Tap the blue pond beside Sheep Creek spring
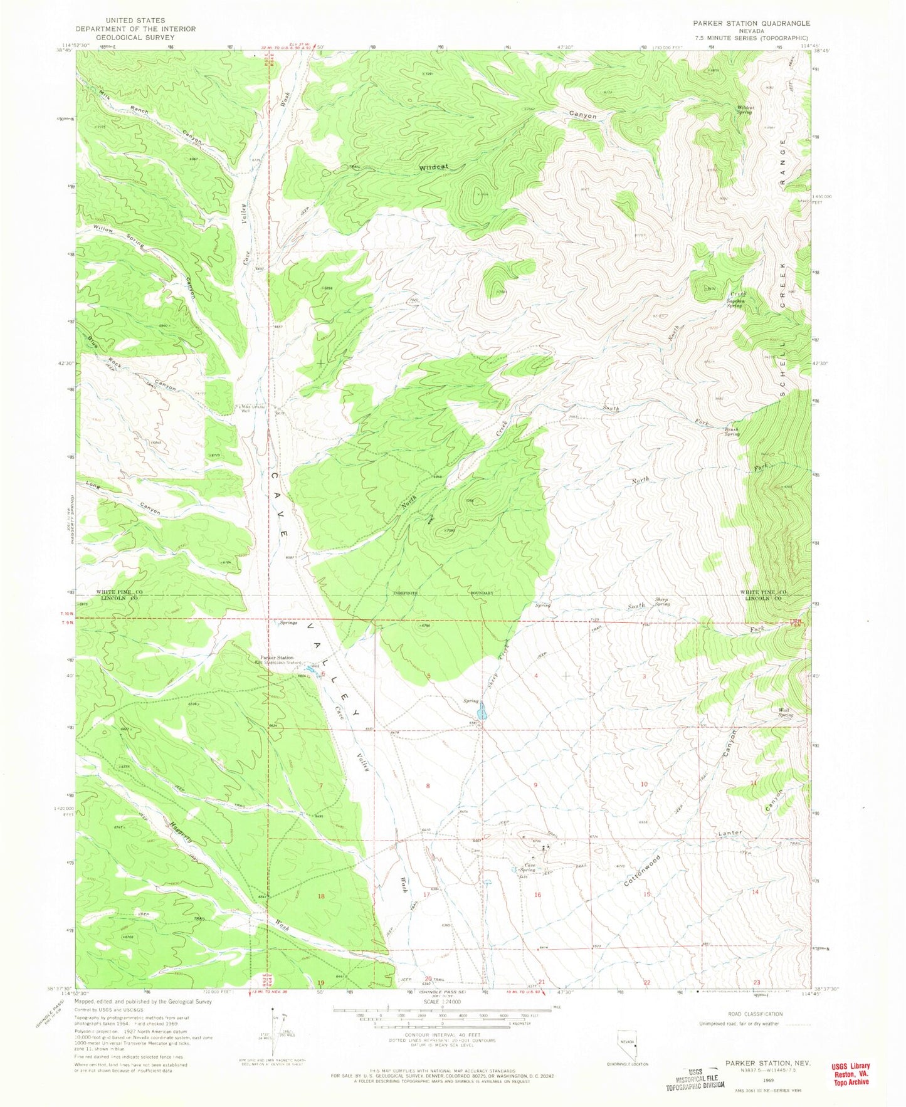[482, 711]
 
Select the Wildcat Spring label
[744, 110]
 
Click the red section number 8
[428, 785]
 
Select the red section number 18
[321, 896]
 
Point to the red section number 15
[646, 894]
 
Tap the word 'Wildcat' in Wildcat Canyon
[436, 167]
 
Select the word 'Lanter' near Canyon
[730, 833]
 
